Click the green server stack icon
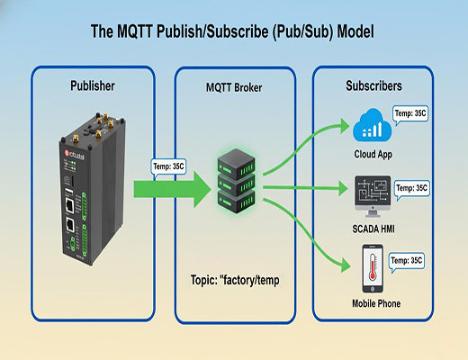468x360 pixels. (236, 181)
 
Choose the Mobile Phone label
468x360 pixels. (371, 303)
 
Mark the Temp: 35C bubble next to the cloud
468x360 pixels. (411, 113)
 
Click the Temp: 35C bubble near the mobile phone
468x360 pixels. (410, 260)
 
